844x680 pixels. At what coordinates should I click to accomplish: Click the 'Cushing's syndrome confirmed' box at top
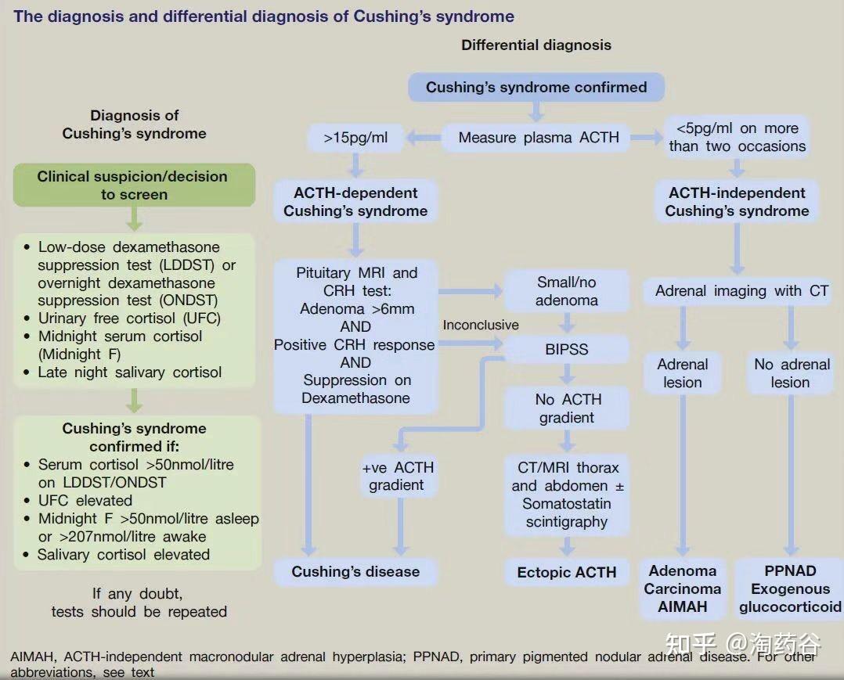pos(536,87)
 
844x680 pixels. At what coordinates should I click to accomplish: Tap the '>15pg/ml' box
pos(355,138)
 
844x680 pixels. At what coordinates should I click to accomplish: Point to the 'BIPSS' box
pos(566,349)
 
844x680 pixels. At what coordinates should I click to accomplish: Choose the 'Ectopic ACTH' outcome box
pos(566,572)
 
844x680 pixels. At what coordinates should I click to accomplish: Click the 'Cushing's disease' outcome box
pos(355,571)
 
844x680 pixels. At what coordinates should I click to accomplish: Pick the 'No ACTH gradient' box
pos(566,408)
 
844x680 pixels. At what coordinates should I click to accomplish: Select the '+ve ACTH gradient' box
pos(398,476)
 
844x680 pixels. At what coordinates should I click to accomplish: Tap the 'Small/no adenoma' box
pos(566,291)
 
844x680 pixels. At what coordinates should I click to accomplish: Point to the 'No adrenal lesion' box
pos(790,373)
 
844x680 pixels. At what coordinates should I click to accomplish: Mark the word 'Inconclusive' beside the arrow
pos(481,325)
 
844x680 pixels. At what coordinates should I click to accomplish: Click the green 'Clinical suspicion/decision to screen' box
pos(134,185)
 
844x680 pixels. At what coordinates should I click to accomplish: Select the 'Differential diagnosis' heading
pos(536,45)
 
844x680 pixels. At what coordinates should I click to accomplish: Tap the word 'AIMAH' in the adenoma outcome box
pos(683,607)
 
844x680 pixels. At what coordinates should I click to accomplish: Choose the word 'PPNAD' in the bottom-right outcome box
pos(790,570)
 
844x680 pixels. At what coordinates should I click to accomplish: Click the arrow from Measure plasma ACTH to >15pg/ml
pos(424,138)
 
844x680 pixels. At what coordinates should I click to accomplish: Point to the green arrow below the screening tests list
pos(134,401)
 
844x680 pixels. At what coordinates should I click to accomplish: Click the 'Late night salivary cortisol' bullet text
pos(130,372)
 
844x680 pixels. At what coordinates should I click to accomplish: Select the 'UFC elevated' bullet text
pos(85,500)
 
